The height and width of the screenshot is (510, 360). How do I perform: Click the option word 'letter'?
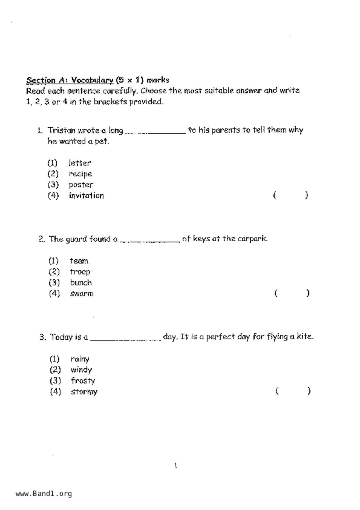(x=80, y=163)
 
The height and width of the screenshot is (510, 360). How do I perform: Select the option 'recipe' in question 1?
(x=80, y=174)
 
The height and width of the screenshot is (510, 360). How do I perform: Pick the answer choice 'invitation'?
(x=86, y=196)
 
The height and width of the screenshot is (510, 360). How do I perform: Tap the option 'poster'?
(x=81, y=185)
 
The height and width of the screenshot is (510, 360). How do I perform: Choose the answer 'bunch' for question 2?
(x=81, y=283)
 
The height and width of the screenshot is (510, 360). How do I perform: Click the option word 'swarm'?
(x=82, y=294)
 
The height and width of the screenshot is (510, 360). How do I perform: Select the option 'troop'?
(x=80, y=272)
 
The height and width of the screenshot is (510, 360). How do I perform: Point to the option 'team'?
(x=79, y=261)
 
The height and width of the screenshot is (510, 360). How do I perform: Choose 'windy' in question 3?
(x=81, y=370)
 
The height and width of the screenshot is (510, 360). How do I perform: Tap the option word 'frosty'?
(x=83, y=381)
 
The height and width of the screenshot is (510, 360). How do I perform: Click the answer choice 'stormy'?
(x=84, y=392)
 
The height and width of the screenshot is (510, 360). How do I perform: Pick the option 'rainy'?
(x=80, y=359)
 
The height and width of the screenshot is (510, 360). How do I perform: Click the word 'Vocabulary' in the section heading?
(x=92, y=80)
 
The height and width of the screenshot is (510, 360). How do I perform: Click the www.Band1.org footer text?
(x=44, y=494)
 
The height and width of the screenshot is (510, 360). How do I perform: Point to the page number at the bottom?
(x=175, y=465)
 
